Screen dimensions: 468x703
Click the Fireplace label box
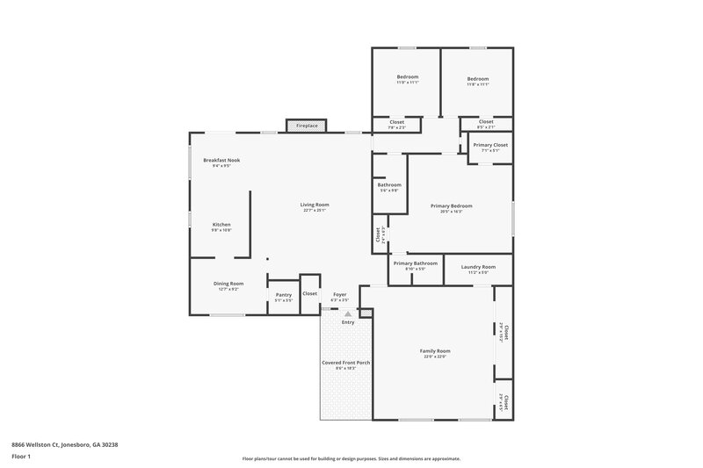[307, 126]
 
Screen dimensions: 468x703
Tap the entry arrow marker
[348, 313]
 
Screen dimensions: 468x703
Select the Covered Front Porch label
[345, 364]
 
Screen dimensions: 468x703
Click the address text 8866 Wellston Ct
[65, 444]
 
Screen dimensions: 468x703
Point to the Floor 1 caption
[21, 457]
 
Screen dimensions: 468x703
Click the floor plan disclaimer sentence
[351, 458]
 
